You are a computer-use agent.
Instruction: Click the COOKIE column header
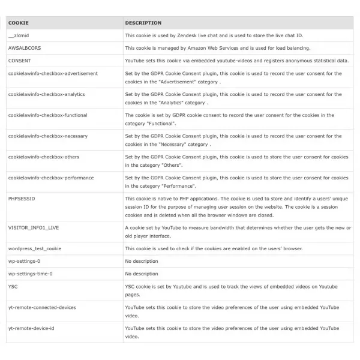point(16,23)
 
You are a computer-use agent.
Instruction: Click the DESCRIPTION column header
point(143,23)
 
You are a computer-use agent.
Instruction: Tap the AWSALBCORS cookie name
point(25,48)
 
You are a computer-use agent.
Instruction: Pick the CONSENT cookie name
point(20,61)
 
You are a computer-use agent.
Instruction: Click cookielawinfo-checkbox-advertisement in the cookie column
point(53,73)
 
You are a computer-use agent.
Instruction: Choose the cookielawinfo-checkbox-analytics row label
point(46,94)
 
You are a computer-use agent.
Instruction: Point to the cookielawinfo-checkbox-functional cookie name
point(47,115)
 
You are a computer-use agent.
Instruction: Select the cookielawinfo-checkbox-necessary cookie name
point(47,136)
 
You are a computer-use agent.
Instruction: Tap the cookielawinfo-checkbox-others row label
point(44,157)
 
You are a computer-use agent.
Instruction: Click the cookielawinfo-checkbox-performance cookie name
point(51,178)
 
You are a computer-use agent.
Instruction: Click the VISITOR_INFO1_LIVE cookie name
point(35,228)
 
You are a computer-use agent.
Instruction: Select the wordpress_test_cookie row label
point(35,248)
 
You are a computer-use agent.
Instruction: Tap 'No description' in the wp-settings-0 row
point(142,261)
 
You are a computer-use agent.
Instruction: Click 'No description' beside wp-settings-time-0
point(142,274)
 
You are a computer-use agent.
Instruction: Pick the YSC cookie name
point(13,286)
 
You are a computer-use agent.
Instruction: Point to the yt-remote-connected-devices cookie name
point(42,307)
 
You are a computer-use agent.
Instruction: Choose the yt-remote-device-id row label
point(31,328)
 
